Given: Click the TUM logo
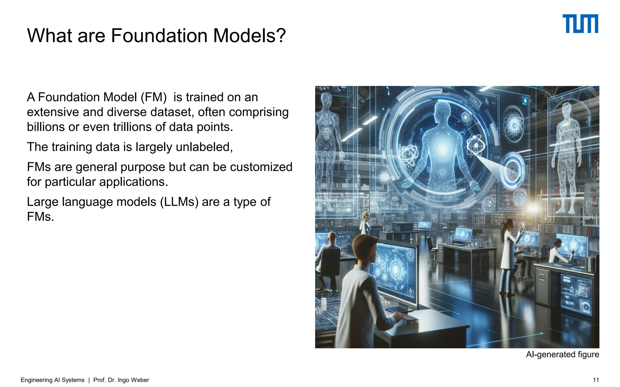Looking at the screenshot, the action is point(580,24).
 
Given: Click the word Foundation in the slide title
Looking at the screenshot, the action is point(159,36).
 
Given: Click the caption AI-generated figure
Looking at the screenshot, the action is point(562,354).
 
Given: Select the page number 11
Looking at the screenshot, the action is point(595,380).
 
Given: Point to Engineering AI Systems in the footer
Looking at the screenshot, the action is point(52,380).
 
